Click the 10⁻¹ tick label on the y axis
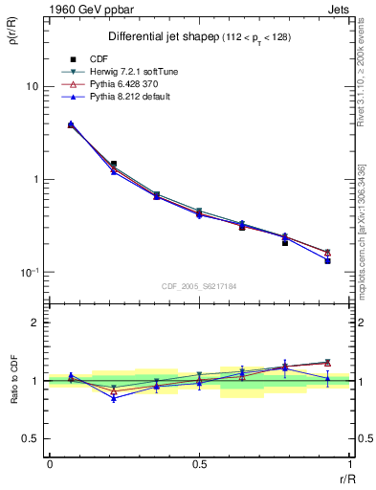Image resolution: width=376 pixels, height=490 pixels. click(x=29, y=273)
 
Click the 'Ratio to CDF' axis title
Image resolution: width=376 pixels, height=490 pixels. click(x=13, y=398)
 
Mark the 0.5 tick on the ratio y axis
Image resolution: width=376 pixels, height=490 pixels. click(x=31, y=438)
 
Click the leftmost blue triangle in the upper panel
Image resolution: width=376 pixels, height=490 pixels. click(x=71, y=123)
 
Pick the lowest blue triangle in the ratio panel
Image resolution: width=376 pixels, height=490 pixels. click(x=114, y=398)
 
